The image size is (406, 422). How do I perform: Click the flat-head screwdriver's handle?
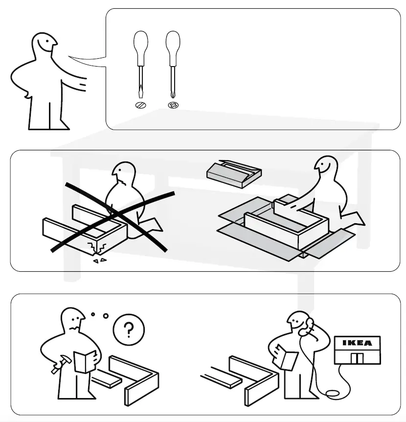click(140, 47)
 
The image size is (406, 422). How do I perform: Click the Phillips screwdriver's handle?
click(173, 47)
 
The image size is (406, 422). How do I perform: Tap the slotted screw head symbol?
click(141, 105)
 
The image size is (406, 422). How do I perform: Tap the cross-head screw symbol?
click(173, 105)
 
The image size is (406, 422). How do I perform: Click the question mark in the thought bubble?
click(128, 330)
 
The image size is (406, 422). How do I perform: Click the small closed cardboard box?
click(233, 173)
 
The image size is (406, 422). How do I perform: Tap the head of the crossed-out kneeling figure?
click(123, 173)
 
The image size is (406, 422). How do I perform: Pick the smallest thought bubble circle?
click(92, 314)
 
